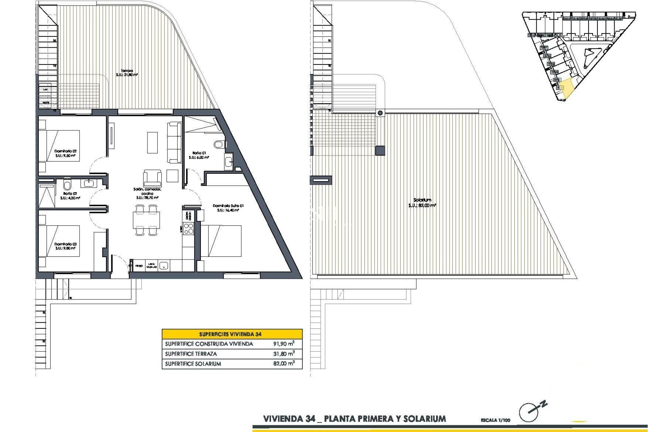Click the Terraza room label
pyautogui.click(x=127, y=71)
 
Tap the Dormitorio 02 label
pyautogui.click(x=65, y=151)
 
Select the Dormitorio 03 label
pyautogui.click(x=65, y=244)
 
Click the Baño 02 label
pyautogui.click(x=70, y=194)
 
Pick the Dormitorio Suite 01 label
pyautogui.click(x=228, y=206)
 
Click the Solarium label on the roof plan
pyautogui.click(x=422, y=200)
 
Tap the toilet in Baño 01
pyautogui.click(x=219, y=144)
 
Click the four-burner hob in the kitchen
pyautogui.click(x=188, y=229)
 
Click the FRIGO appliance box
pyautogui.click(x=139, y=266)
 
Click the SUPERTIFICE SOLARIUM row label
pyautogui.click(x=193, y=364)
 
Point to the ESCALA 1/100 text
pyautogui.click(x=495, y=420)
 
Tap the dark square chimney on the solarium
pyautogui.click(x=380, y=151)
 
